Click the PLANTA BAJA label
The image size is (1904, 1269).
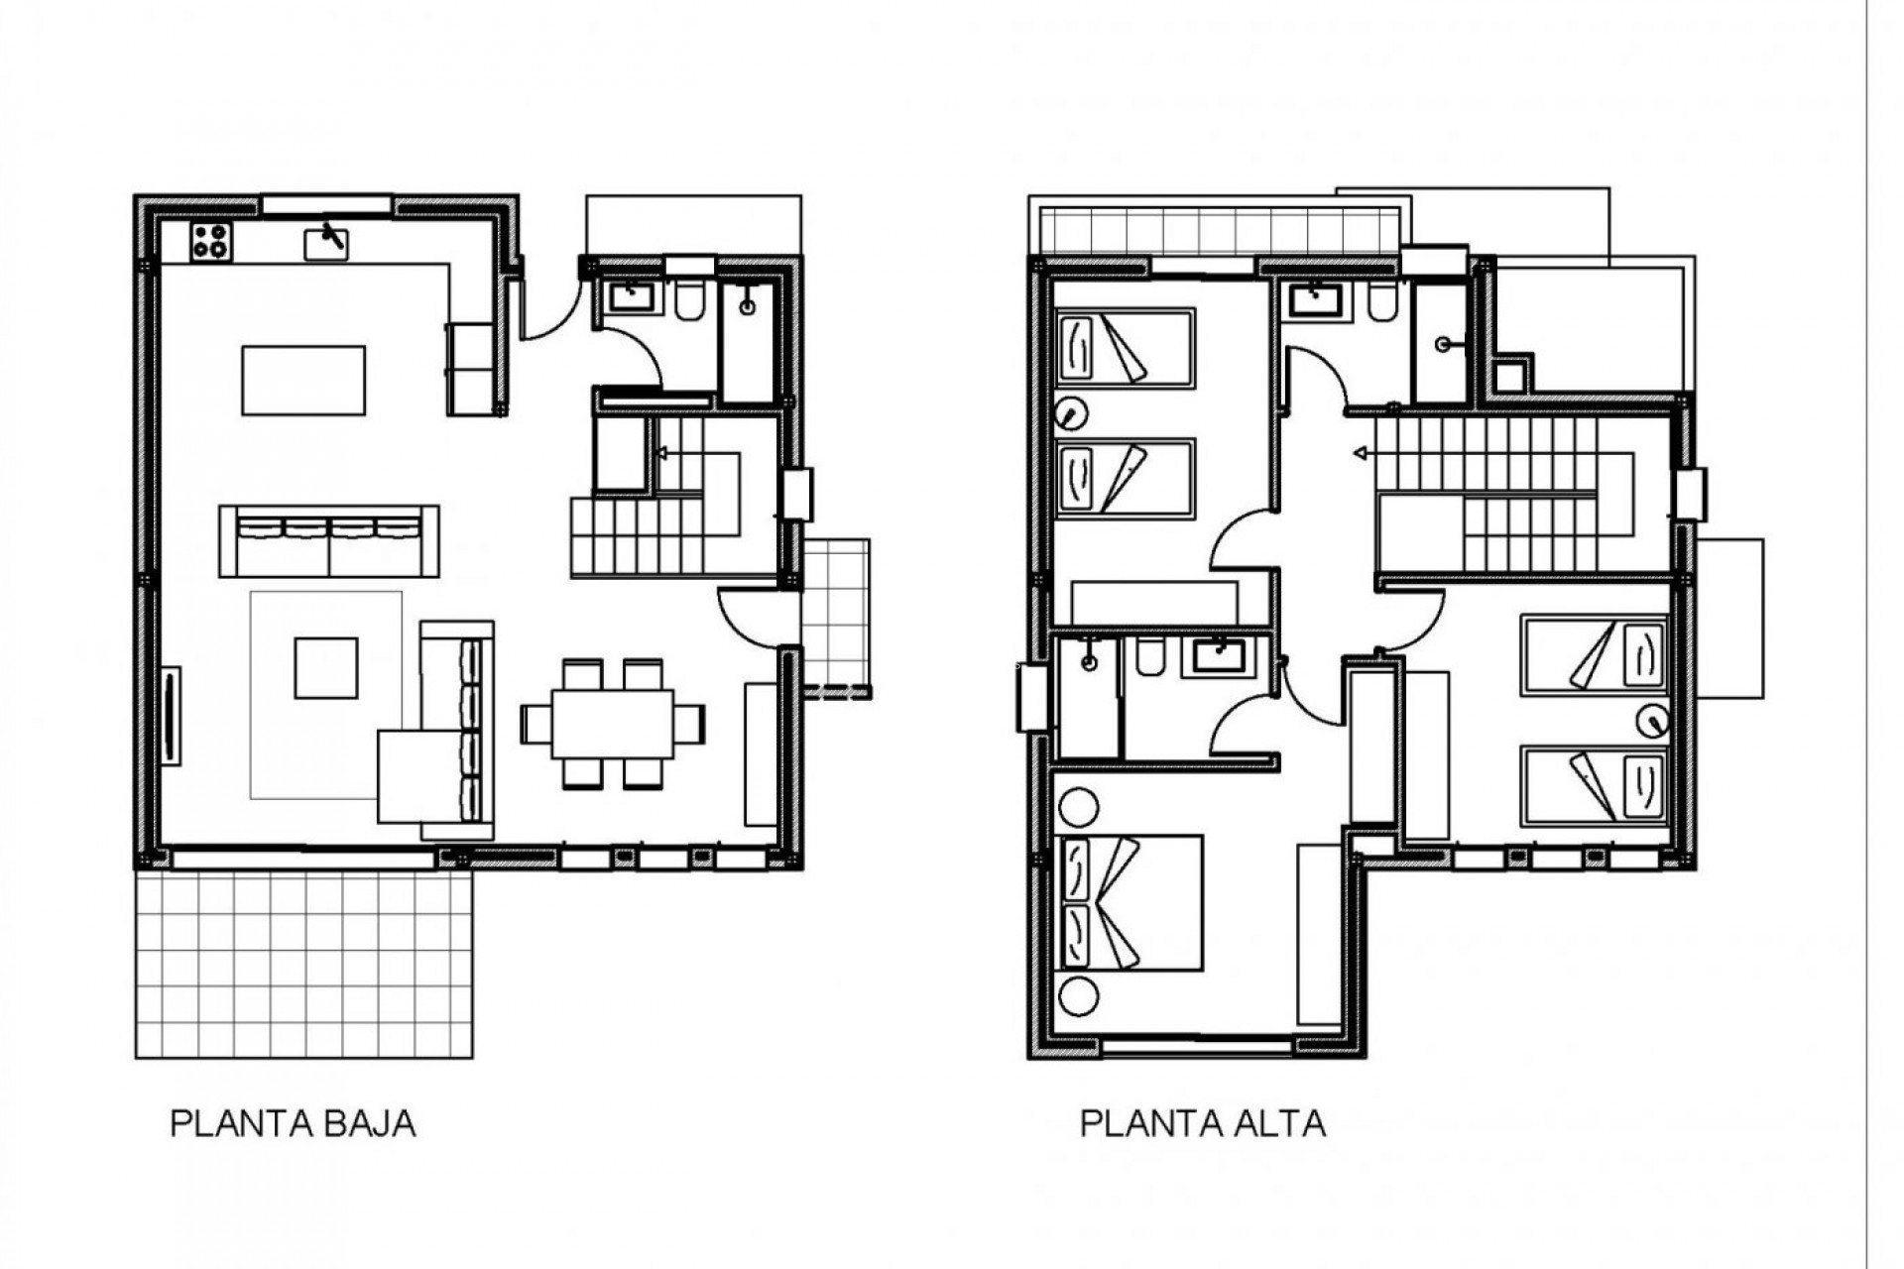pyautogui.click(x=293, y=1124)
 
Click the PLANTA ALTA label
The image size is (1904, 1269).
pyautogui.click(x=1202, y=1124)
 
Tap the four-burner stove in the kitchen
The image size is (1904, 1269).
pyautogui.click(x=211, y=241)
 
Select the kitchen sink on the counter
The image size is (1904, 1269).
pyautogui.click(x=326, y=241)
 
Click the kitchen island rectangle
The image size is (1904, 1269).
pyautogui.click(x=303, y=380)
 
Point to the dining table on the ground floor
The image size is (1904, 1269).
pyautogui.click(x=613, y=724)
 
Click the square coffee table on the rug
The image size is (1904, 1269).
pyautogui.click(x=326, y=668)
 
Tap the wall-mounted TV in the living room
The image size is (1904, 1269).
pyautogui.click(x=171, y=716)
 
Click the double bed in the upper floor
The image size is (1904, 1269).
pyautogui.click(x=1130, y=902)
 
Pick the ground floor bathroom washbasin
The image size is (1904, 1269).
pyautogui.click(x=628, y=296)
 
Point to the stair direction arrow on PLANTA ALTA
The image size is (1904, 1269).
pyautogui.click(x=1362, y=454)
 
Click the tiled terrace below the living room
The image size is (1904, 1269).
pyautogui.click(x=303, y=964)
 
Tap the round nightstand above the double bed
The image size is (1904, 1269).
pyautogui.click(x=1079, y=808)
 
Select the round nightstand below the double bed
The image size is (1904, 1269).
pyautogui.click(x=1079, y=996)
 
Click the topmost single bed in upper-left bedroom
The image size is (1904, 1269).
pyautogui.click(x=1125, y=346)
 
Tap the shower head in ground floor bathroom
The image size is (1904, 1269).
pyautogui.click(x=747, y=307)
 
